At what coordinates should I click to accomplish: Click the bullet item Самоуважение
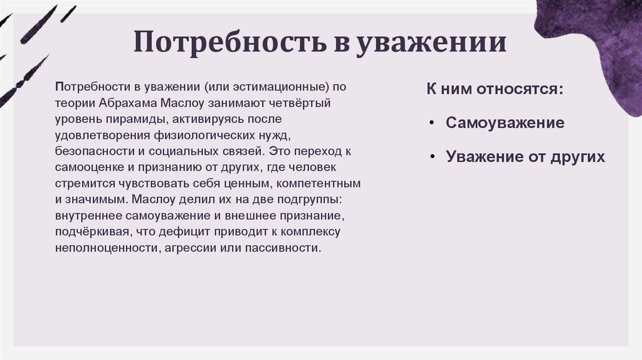tap(505, 122)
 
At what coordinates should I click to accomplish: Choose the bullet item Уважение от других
tap(525, 157)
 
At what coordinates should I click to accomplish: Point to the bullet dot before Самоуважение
tap(433, 123)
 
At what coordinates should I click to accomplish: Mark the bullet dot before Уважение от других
tap(433, 157)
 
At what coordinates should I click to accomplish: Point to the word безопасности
tap(90, 151)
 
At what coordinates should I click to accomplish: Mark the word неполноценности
tap(105, 248)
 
